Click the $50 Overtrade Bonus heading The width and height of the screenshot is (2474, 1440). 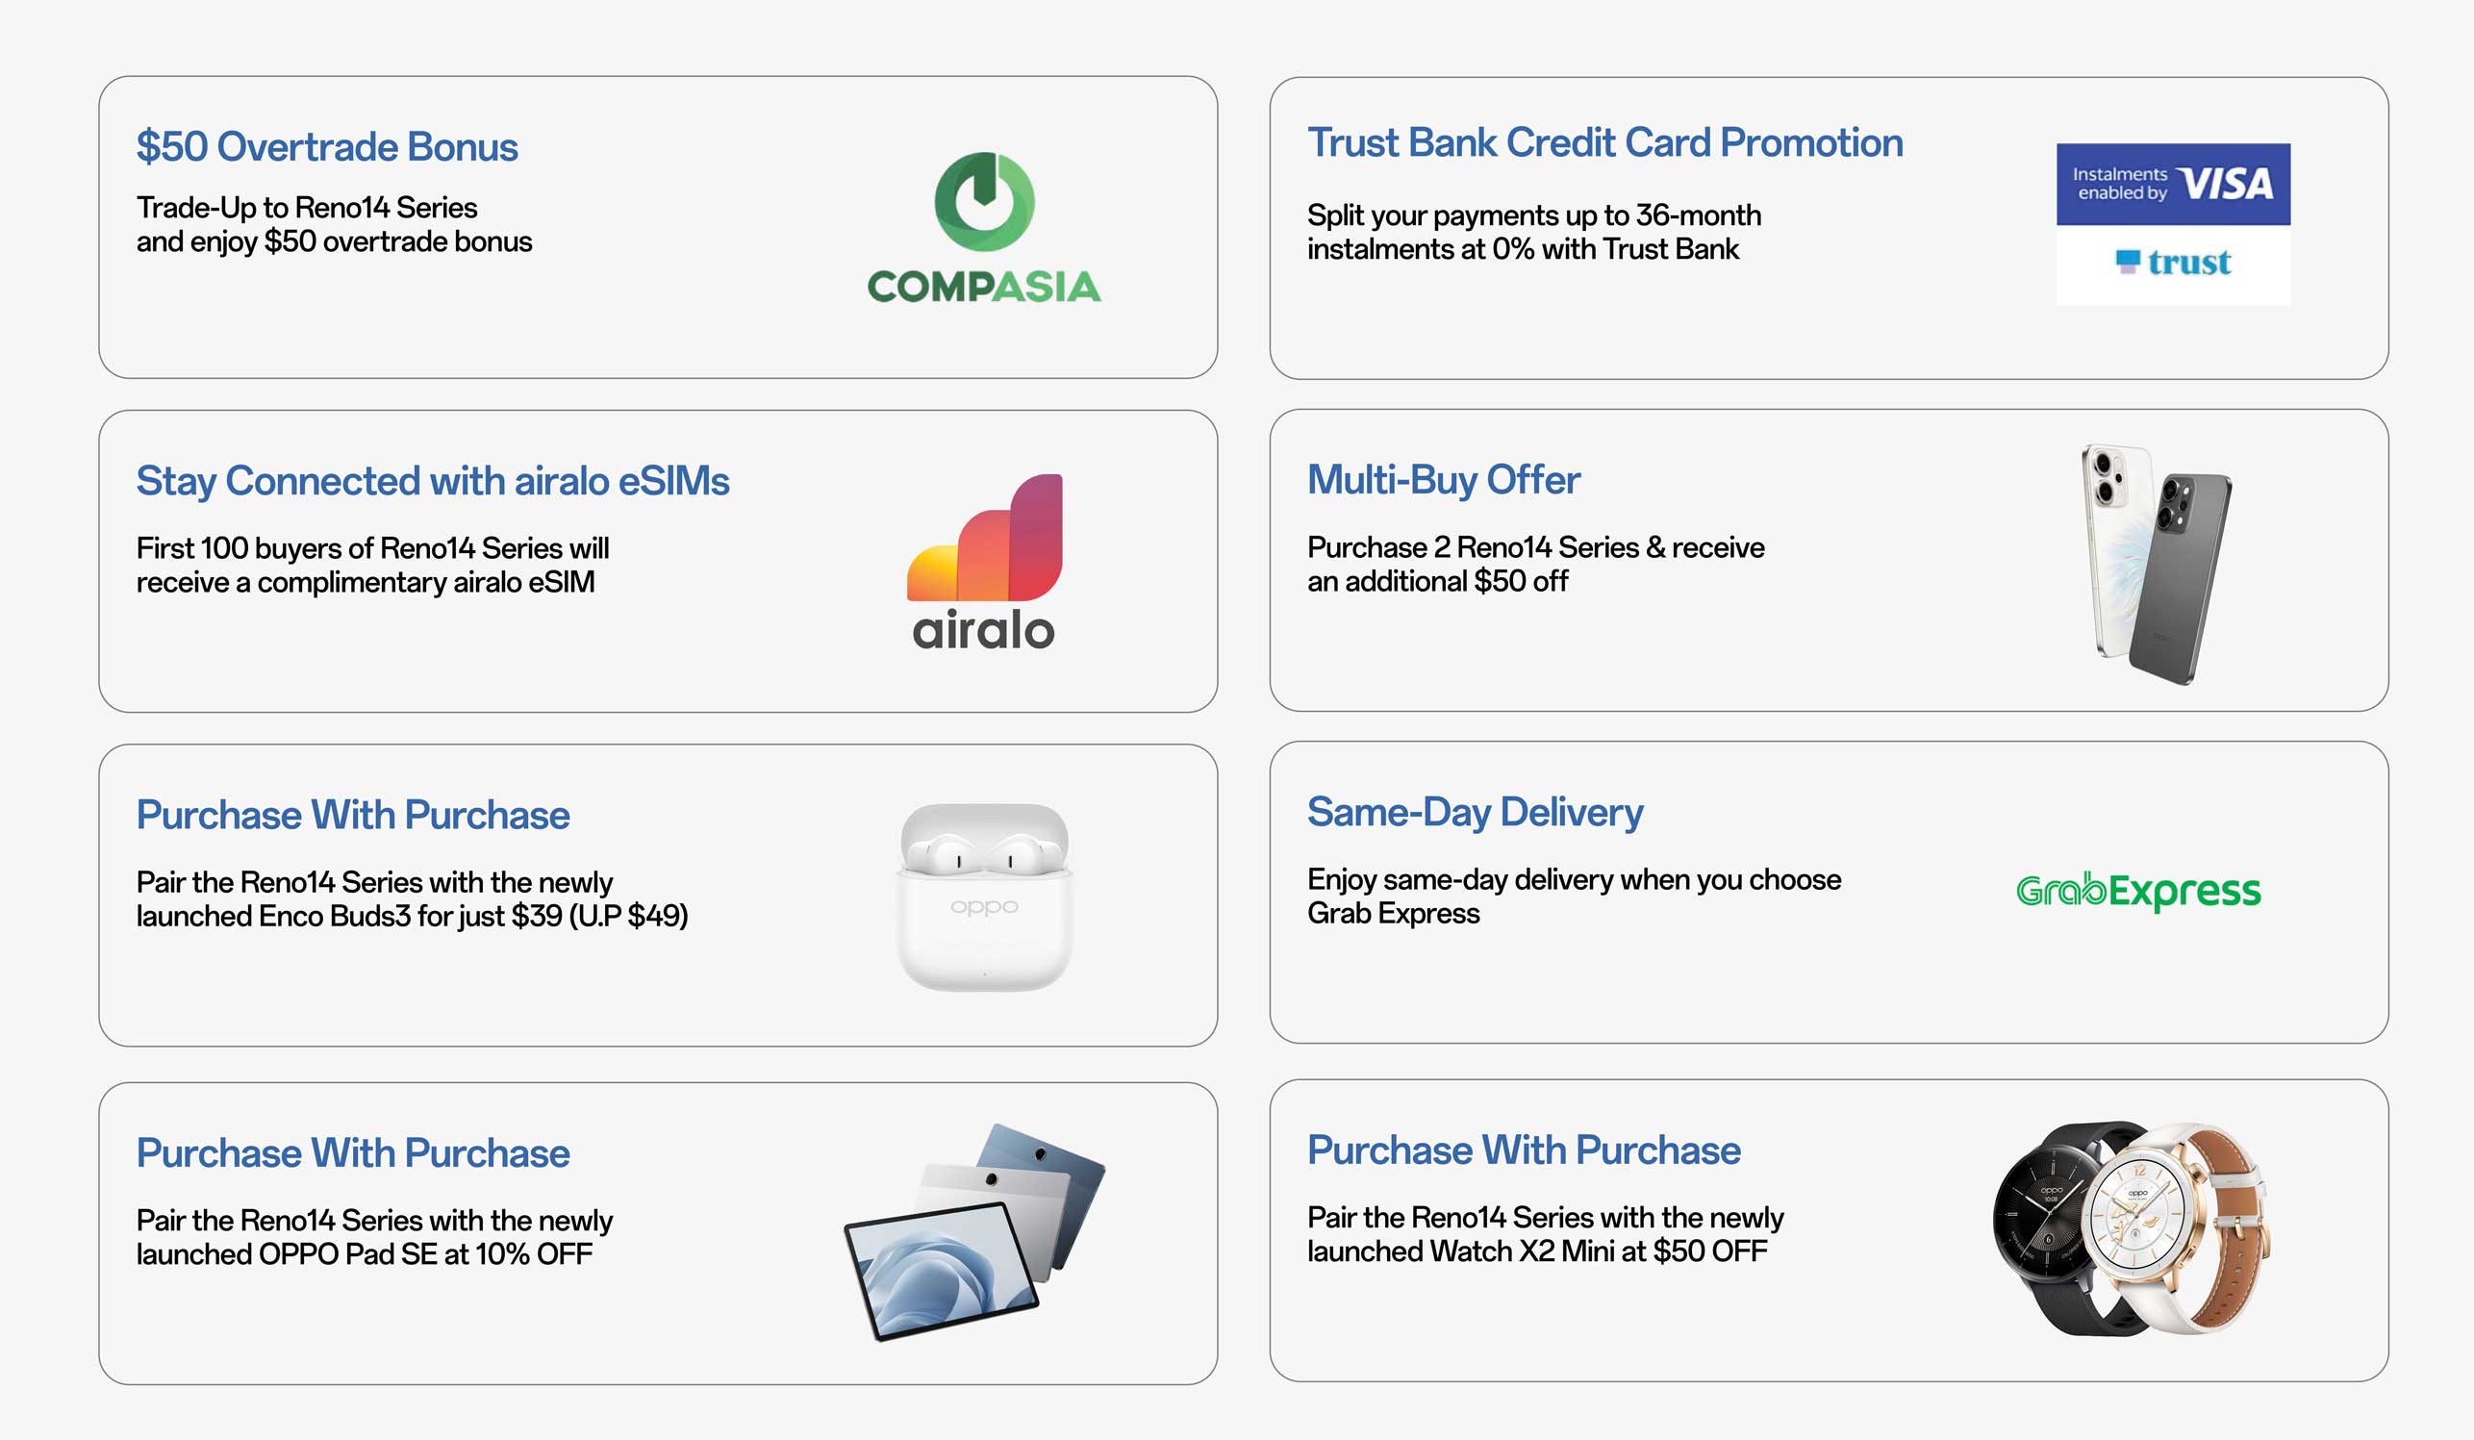tap(327, 147)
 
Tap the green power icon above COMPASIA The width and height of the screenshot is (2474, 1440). tap(984, 201)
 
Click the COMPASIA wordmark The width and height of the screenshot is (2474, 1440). tap(984, 287)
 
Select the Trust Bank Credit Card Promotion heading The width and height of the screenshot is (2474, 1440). tap(1605, 143)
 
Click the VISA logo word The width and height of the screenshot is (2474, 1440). tap(2225, 184)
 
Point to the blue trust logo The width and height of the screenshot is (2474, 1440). tap(2174, 262)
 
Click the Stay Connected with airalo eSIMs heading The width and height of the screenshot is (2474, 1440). tap(433, 482)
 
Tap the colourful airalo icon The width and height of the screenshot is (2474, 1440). tap(985, 537)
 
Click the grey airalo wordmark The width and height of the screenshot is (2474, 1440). tap(984, 630)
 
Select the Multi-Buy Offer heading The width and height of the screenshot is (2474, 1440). tap(1443, 480)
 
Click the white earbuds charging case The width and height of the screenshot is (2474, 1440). tap(985, 897)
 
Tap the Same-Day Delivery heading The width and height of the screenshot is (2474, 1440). tap(1475, 813)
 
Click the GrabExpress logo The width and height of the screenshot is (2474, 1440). tap(2138, 891)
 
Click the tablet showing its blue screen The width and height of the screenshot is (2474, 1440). tap(941, 1270)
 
